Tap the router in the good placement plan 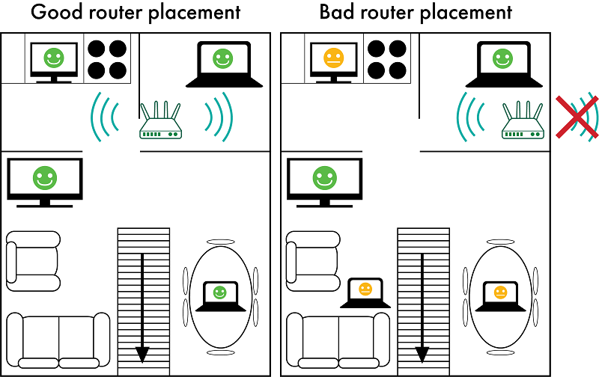(x=161, y=123)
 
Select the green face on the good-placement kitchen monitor (x=52, y=57)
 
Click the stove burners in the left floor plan (x=106, y=59)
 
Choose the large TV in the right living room (x=324, y=180)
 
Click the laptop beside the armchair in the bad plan (x=365, y=292)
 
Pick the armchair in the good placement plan (x=33, y=260)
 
